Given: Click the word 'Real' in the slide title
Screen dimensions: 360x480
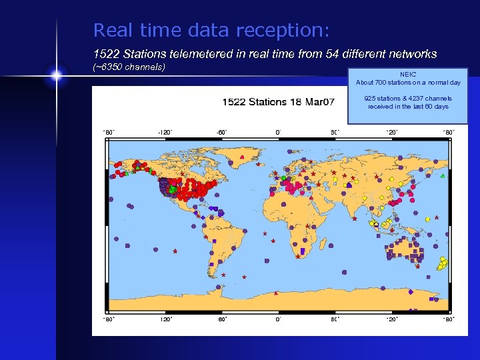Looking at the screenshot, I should click(111, 31).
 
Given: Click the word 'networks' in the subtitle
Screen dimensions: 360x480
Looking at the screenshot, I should click(411, 53).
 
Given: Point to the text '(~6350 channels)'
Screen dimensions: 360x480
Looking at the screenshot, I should click(128, 67).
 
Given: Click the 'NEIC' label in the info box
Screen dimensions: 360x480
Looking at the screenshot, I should click(407, 75).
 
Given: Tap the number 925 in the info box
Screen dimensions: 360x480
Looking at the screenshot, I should click(371, 99).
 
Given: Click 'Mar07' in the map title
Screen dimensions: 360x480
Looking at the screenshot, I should click(319, 103).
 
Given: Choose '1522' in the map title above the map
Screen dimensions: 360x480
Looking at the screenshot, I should click(235, 103).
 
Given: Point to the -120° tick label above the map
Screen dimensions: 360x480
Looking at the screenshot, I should click(165, 132).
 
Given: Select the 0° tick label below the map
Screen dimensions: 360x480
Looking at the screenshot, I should click(278, 319).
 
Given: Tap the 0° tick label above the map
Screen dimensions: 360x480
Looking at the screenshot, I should click(278, 132).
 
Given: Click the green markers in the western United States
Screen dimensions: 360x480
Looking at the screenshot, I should click(172, 189).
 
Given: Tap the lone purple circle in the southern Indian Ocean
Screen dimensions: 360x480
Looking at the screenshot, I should click(345, 271).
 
